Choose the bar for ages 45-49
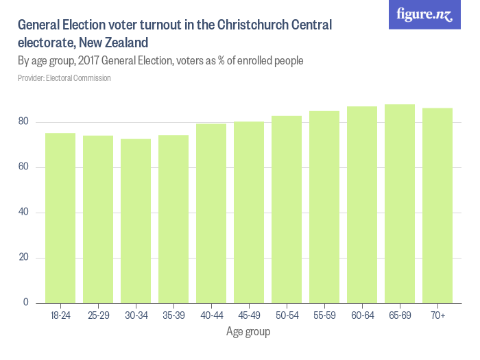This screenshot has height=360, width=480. pyautogui.click(x=249, y=213)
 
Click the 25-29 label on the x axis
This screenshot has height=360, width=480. pyautogui.click(x=98, y=315)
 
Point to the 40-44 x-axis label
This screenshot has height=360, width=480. pyautogui.click(x=211, y=315)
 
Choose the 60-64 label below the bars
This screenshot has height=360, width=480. pyautogui.click(x=362, y=315)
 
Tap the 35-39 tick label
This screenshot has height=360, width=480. pyautogui.click(x=173, y=315)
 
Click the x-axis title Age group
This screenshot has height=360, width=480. pyautogui.click(x=248, y=332)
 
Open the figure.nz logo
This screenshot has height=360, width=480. pyautogui.click(x=424, y=14)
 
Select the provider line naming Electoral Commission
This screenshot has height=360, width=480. pyautogui.click(x=64, y=78)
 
